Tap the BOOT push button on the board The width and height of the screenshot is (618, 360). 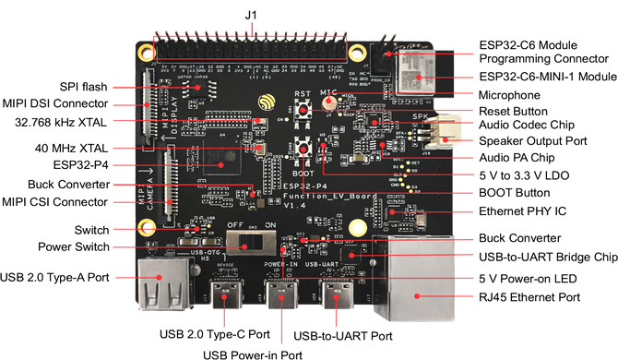pos(303,150)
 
